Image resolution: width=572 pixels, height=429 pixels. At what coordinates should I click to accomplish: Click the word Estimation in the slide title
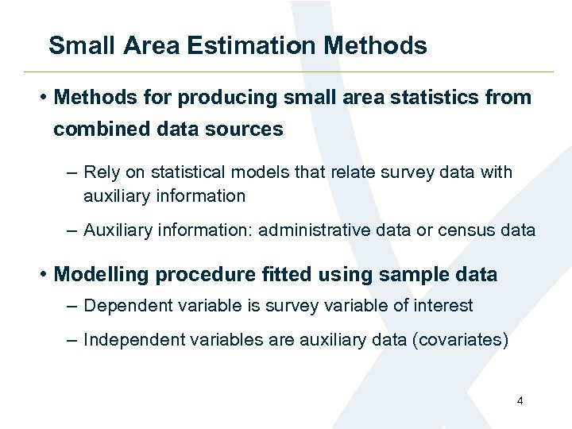(x=251, y=45)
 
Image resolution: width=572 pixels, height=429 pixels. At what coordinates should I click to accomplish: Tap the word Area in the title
(x=154, y=45)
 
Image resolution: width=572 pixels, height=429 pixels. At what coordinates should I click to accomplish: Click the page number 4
(x=520, y=401)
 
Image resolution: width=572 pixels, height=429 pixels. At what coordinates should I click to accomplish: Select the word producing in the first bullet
(x=226, y=98)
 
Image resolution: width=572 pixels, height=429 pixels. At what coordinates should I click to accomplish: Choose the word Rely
(x=100, y=172)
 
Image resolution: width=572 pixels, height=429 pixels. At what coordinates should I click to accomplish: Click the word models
(x=258, y=172)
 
